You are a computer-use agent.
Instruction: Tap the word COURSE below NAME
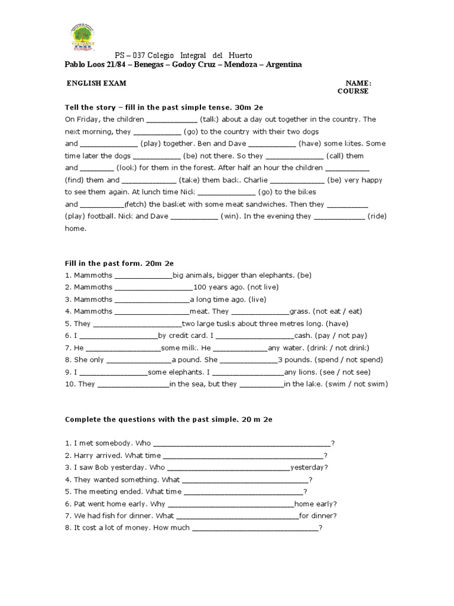353,92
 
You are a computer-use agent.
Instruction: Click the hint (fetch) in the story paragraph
134,204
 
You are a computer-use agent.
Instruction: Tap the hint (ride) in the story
377,217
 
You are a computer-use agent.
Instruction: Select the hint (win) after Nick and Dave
230,217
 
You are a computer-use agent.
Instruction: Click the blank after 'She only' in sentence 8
139,360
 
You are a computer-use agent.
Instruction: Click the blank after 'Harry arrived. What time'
242,455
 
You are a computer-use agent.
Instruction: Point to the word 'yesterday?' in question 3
309,467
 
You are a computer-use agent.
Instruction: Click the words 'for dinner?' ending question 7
318,515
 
